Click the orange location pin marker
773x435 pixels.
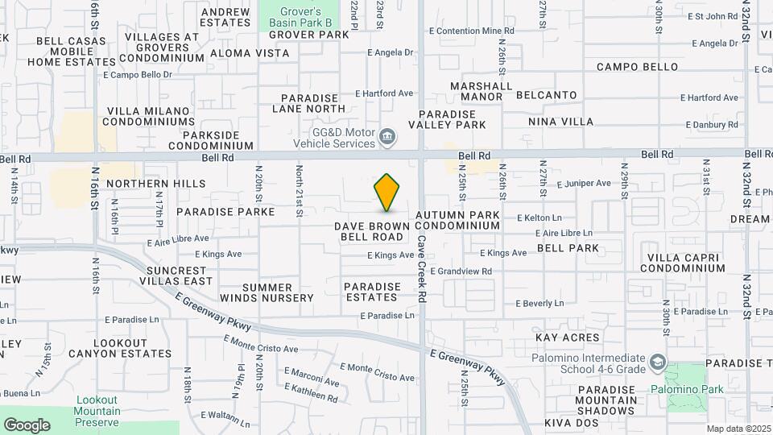(387, 193)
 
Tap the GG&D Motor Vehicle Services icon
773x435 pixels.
(387, 135)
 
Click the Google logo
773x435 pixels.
(27, 425)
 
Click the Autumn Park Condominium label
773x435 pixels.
(457, 221)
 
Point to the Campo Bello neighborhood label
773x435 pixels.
(637, 67)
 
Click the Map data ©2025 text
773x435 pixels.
(737, 429)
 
